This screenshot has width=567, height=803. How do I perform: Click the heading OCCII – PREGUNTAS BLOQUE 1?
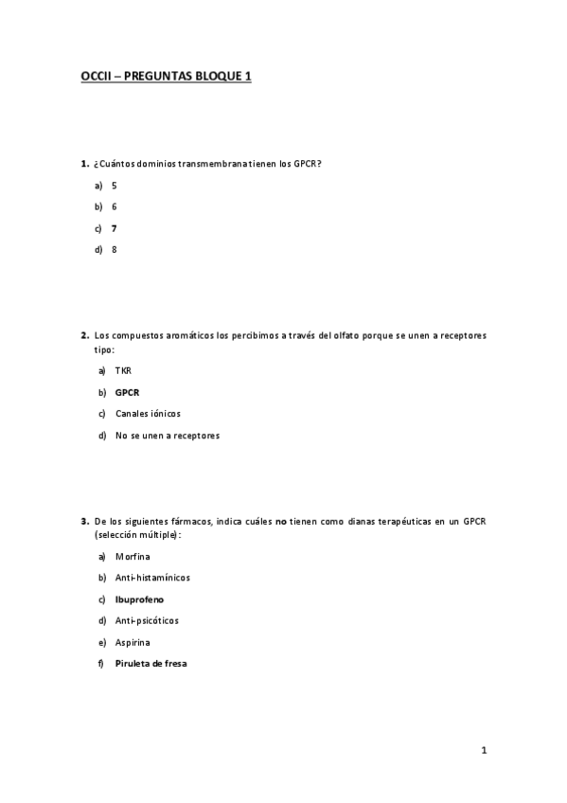(166, 78)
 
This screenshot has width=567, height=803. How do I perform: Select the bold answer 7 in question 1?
(114, 228)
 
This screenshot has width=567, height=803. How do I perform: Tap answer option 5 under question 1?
(114, 186)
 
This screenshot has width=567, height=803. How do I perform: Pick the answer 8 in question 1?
(114, 250)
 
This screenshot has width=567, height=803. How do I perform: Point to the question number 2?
(84, 335)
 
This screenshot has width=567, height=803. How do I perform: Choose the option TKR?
(123, 370)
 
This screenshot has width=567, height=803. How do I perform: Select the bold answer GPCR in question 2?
(127, 392)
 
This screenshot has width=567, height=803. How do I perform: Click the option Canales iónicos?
(147, 414)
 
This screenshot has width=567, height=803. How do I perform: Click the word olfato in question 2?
(349, 335)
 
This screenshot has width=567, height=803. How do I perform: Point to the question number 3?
(84, 521)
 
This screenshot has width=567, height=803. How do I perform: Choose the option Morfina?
(133, 556)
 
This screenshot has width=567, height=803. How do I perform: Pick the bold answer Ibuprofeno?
(140, 599)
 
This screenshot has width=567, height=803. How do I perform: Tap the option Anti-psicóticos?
(146, 621)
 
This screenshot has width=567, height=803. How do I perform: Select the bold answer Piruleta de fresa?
(151, 664)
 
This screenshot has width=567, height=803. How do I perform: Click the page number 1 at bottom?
(484, 752)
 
